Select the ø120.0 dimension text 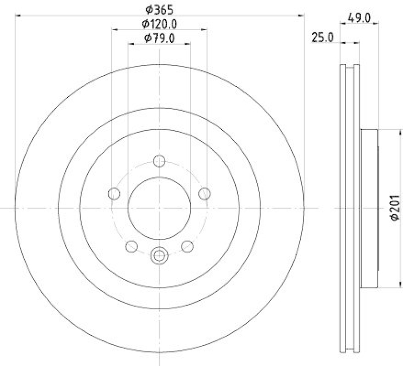coord(160,24)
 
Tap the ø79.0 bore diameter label coord(159,38)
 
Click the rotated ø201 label coord(395,208)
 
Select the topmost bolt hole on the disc coord(159,161)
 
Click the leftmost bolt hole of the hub coord(114,193)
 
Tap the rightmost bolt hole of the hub coord(205,193)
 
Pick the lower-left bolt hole coord(131,246)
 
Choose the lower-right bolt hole coord(187,246)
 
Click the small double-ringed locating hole coord(159,255)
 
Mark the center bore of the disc coord(159,208)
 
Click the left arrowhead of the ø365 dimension coord(18,16)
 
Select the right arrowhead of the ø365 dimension coord(302,16)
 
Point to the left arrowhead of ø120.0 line coord(114,30)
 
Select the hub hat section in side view coord(369,208)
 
